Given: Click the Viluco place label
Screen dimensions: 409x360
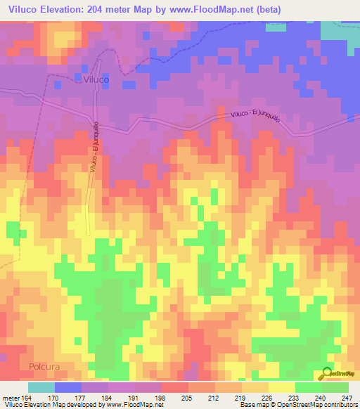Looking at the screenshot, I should pyautogui.click(x=96, y=80).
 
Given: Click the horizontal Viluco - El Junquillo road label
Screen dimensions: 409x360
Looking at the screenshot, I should pyautogui.click(x=255, y=116).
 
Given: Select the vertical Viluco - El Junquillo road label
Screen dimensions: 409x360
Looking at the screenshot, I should pyautogui.click(x=94, y=149).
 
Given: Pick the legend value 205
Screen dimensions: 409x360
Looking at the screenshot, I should pyautogui.click(x=167, y=397).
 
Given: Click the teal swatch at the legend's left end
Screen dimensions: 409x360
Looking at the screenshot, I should pyautogui.click(x=41, y=387).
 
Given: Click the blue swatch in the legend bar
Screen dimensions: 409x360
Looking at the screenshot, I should pyautogui.click(x=68, y=387).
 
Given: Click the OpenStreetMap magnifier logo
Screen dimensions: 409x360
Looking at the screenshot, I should pyautogui.click(x=328, y=374).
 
